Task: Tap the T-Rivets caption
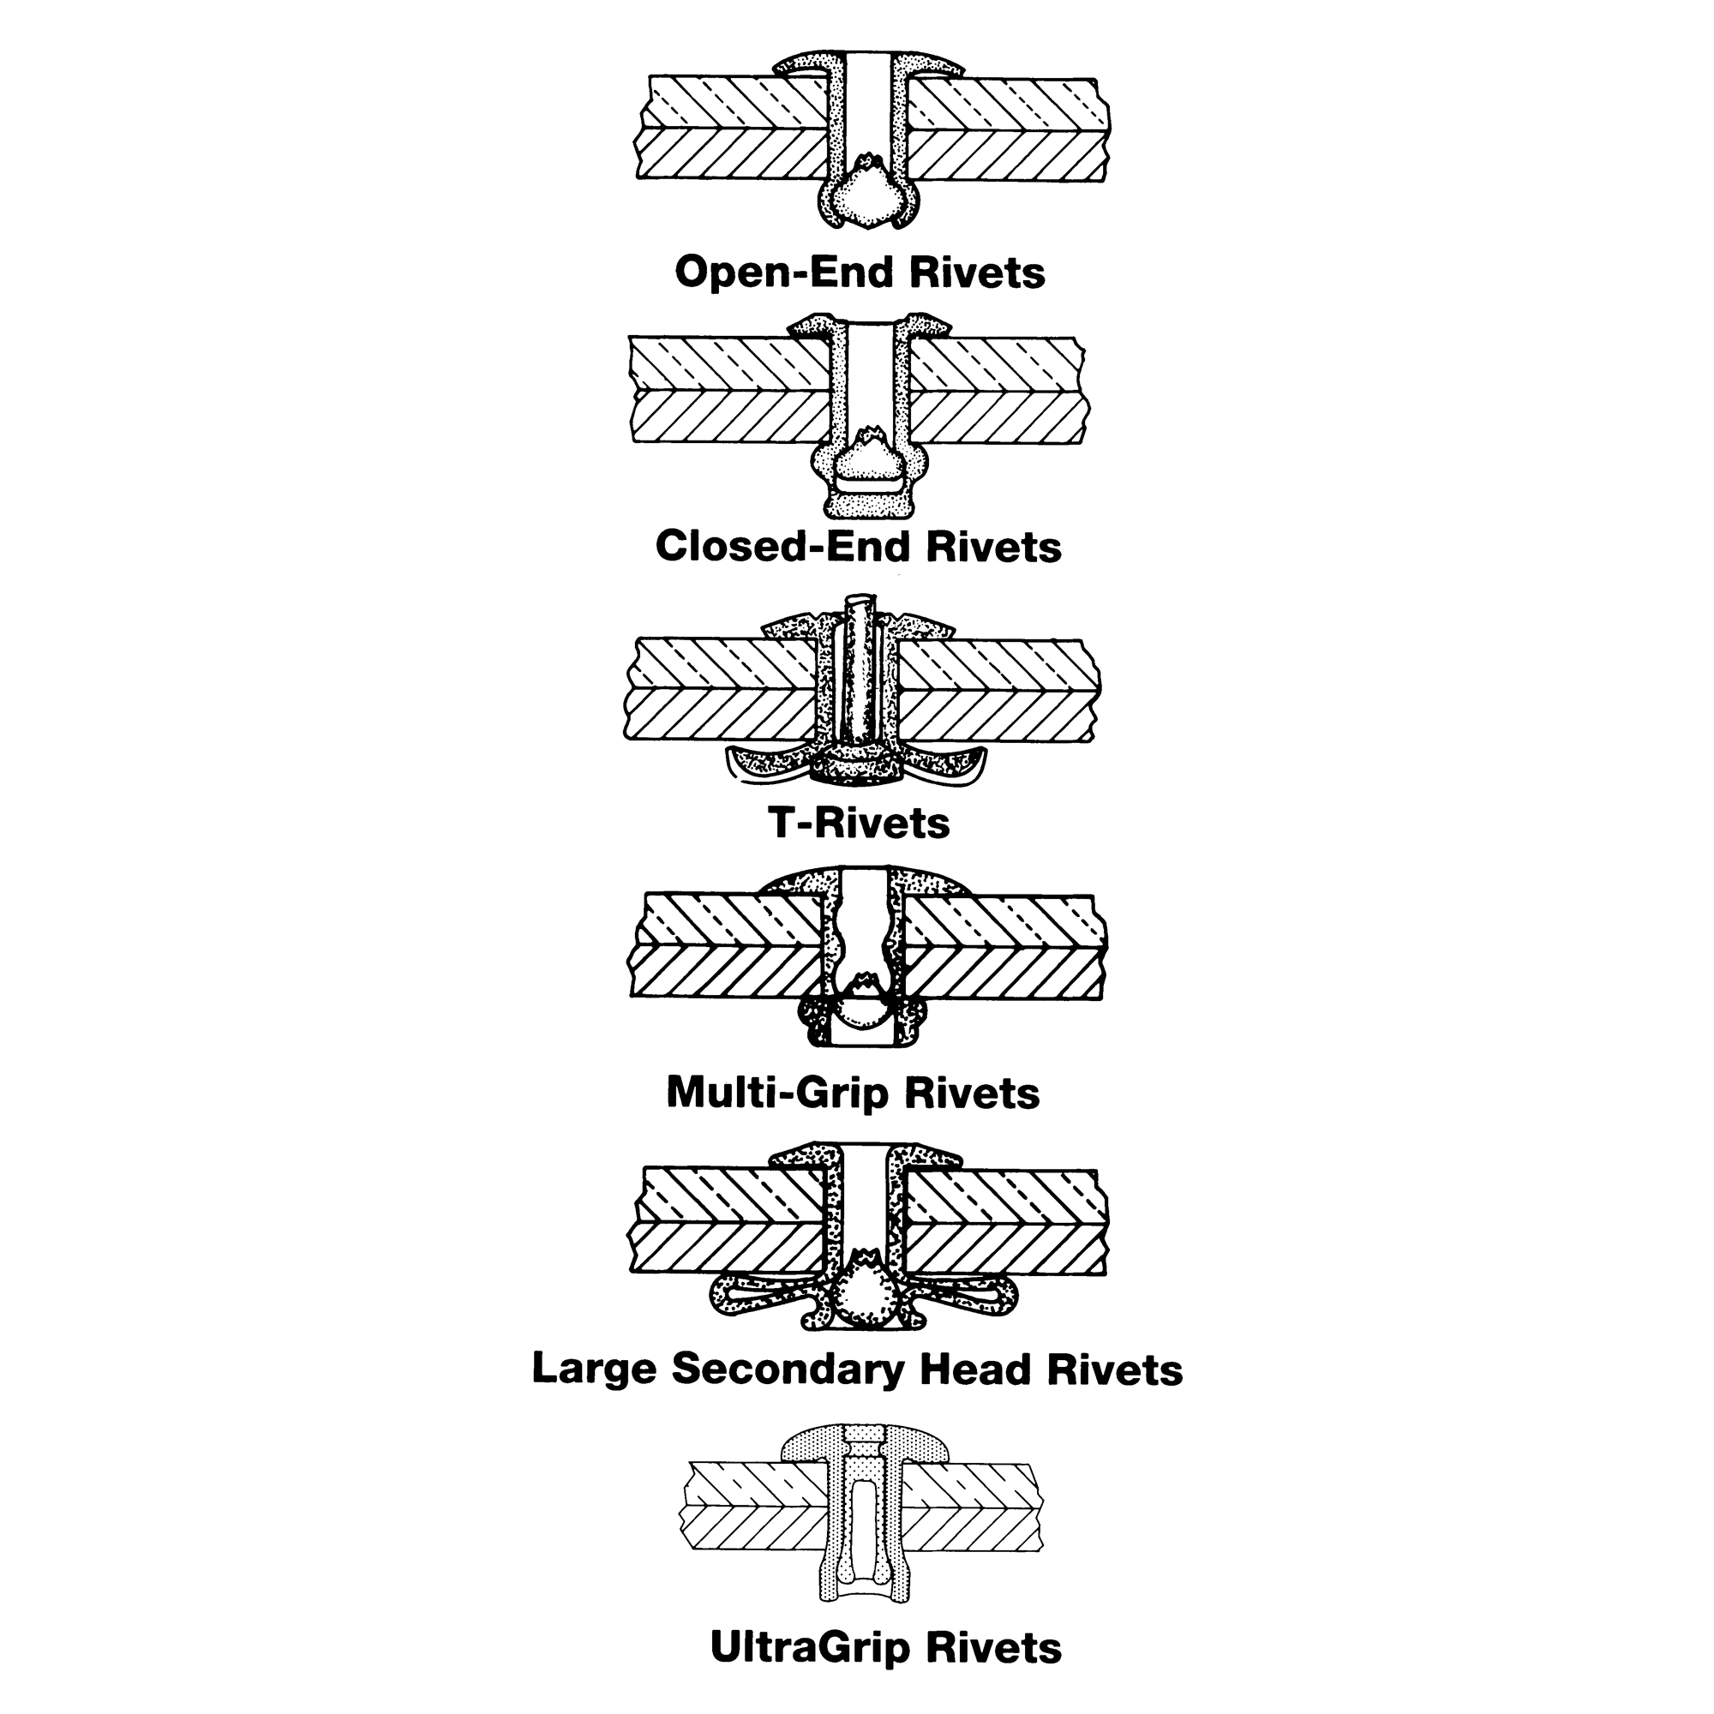point(859,824)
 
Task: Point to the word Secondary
point(791,1369)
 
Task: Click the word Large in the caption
point(594,1369)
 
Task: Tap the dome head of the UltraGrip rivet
point(866,1445)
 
